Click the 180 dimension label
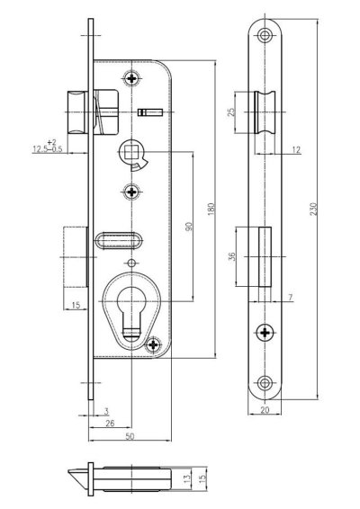point(211,209)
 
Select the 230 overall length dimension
point(313,209)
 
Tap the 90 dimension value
point(189,227)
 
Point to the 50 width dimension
point(130,436)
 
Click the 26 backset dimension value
point(110,423)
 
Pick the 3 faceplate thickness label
point(106,411)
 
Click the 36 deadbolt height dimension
point(232,256)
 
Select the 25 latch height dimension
point(231,112)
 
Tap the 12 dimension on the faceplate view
point(296,149)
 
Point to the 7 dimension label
point(290,297)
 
